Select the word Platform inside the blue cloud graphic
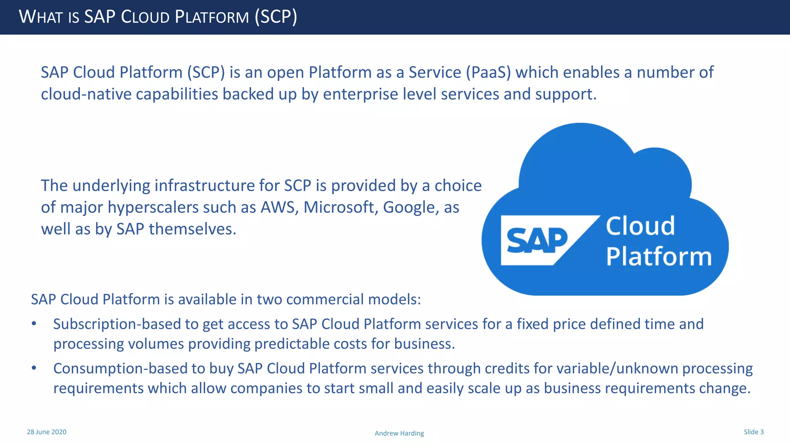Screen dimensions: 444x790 pos(659,256)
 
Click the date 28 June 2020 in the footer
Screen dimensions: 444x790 pos(47,432)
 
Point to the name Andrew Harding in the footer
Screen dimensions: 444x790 pos(399,433)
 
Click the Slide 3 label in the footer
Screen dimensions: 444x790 pos(753,432)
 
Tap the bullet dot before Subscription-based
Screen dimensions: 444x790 pos(34,324)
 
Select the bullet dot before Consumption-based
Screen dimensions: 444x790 pos(34,368)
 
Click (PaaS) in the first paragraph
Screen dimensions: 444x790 pos(488,72)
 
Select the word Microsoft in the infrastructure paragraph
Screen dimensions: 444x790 pos(341,207)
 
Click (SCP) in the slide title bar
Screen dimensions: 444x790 pos(276,17)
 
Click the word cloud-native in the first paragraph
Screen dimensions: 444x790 pos(86,94)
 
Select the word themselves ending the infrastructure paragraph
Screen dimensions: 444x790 pos(192,229)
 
